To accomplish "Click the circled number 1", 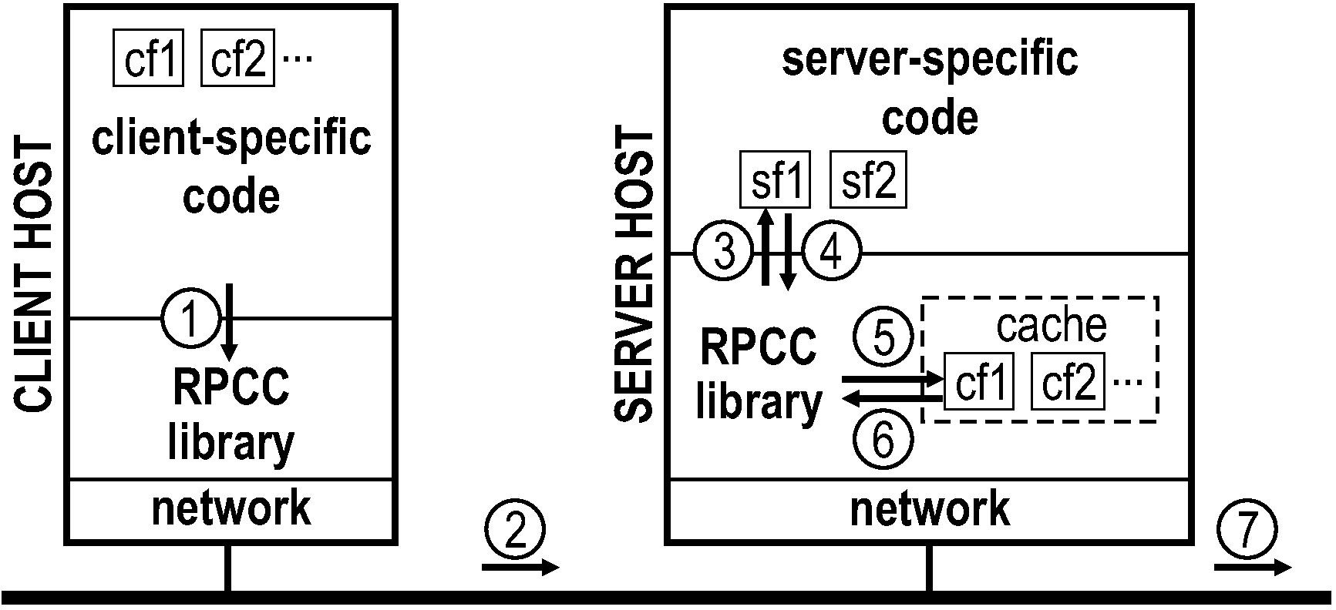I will (x=190, y=318).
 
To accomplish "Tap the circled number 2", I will (x=515, y=531).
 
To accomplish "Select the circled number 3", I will (x=722, y=253).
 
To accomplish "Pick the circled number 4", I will (x=831, y=253).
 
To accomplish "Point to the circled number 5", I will (x=883, y=337).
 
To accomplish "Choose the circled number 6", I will (x=883, y=440).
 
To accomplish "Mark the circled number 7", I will (x=1247, y=531).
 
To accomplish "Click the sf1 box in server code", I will (x=775, y=180).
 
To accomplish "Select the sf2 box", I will (x=867, y=180).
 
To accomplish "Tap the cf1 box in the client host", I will (x=150, y=58).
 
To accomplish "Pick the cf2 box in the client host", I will (x=237, y=58).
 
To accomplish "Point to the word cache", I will (x=1051, y=325).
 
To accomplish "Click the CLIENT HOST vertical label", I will (x=34, y=276).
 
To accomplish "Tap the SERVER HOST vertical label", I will (x=634, y=276).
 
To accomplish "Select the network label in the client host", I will (x=231, y=509).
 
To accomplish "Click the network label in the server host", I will (x=929, y=509).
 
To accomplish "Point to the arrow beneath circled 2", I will (x=520, y=568).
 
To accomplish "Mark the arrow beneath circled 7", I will (x=1253, y=568).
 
